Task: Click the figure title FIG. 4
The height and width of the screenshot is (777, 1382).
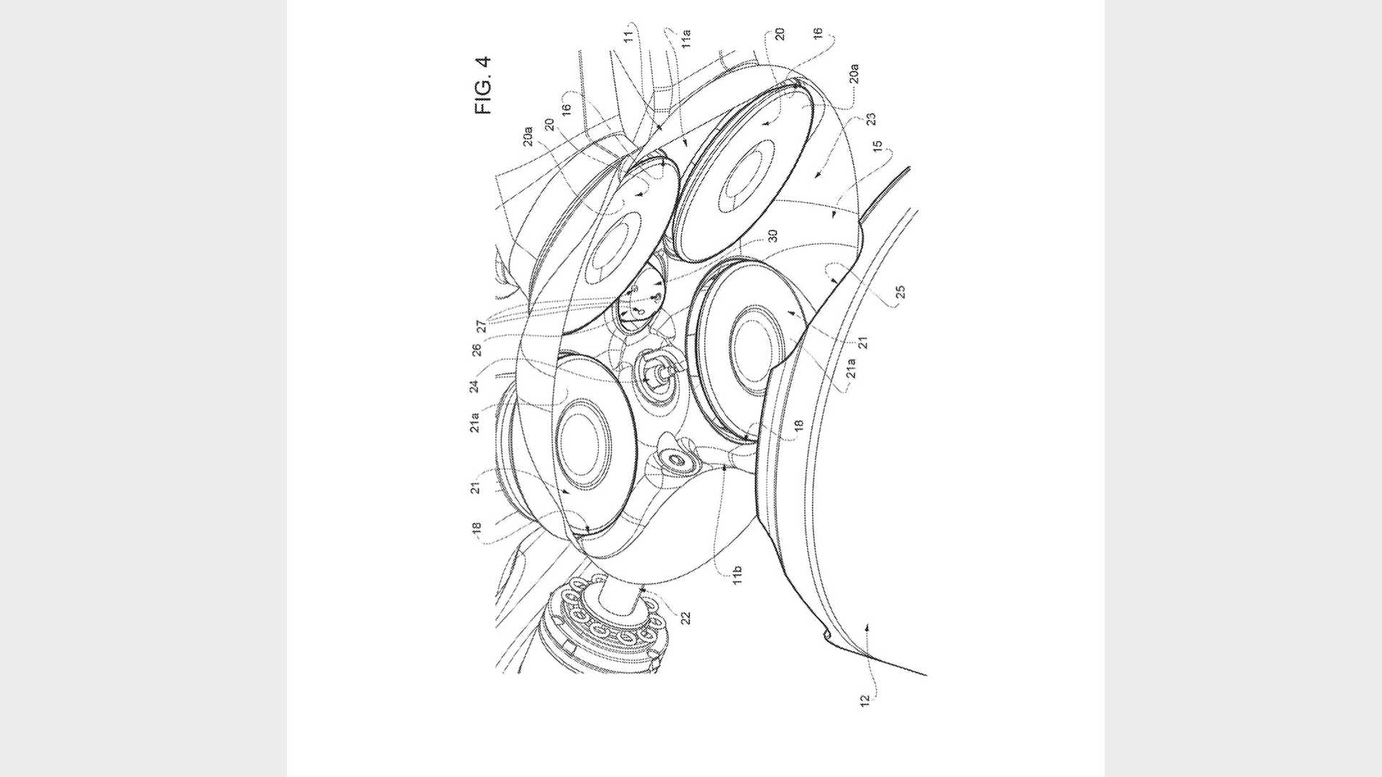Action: point(483,85)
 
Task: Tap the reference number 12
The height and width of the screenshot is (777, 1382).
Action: point(865,699)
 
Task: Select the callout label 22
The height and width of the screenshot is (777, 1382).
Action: point(685,618)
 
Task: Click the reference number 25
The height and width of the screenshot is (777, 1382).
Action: point(900,291)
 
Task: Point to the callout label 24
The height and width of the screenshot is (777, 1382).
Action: point(474,386)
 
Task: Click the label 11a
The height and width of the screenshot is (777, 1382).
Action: point(686,37)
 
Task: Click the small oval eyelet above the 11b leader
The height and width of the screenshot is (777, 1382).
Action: point(677,459)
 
